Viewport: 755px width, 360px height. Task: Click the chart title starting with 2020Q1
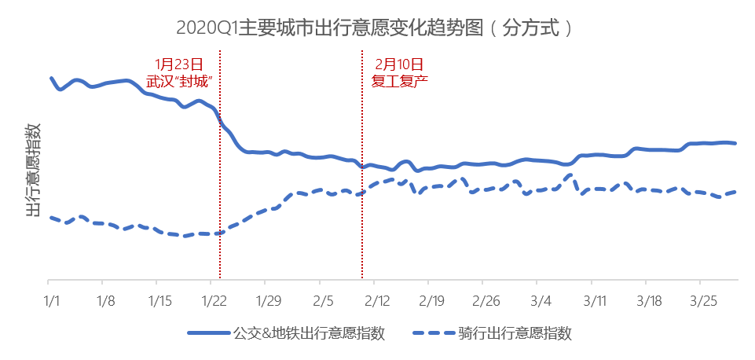pos(376,29)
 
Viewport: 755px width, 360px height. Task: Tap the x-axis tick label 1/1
pos(52,300)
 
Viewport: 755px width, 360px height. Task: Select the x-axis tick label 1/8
pos(106,300)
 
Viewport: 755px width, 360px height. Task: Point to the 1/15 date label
pos(160,300)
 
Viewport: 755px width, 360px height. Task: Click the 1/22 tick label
pos(214,300)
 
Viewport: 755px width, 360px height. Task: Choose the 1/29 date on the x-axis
pos(268,300)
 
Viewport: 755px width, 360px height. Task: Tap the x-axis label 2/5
pos(322,300)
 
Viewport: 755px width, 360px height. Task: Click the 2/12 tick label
pos(376,300)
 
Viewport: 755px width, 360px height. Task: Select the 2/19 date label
pos(431,300)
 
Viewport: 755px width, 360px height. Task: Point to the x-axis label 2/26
pos(485,300)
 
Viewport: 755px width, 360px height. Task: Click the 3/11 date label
pos(593,300)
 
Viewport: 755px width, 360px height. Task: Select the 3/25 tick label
pos(702,300)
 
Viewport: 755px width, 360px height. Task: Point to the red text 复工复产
pos(399,80)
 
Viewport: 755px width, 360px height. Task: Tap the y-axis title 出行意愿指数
pos(33,168)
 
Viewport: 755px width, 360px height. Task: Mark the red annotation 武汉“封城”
pos(180,80)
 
